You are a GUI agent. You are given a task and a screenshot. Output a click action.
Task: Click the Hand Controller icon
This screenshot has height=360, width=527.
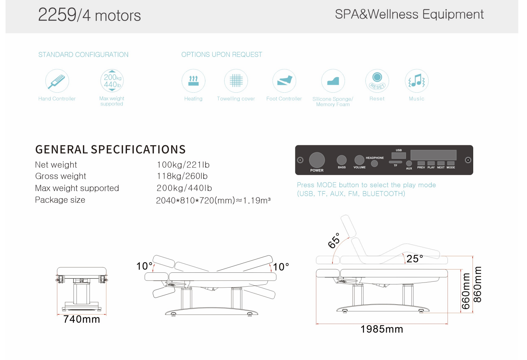[x=57, y=81]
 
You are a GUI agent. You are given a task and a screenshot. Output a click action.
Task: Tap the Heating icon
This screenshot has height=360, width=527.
[x=193, y=81]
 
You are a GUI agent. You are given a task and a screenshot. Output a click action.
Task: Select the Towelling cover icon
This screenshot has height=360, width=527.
[x=236, y=81]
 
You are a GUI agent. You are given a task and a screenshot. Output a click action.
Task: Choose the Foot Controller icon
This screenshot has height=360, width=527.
[x=284, y=81]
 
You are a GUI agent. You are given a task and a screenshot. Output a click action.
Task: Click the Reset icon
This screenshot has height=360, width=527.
[x=377, y=81]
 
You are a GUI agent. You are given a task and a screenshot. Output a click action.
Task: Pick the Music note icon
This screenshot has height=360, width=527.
[x=417, y=81]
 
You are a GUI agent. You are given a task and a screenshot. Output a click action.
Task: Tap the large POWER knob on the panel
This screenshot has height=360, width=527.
[x=317, y=160]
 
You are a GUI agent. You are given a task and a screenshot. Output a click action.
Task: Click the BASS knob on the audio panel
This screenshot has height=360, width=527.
[x=342, y=160]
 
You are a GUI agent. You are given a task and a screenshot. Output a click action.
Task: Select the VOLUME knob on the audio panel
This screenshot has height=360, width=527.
[x=359, y=160]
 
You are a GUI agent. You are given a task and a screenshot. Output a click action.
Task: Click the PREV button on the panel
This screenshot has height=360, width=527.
[x=421, y=163]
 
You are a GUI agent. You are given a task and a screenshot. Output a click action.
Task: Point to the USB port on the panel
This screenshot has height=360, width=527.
[x=398, y=155]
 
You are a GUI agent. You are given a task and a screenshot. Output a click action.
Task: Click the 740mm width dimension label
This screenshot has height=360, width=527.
[x=82, y=319]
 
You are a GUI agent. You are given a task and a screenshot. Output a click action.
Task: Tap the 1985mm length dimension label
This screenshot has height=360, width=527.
[x=382, y=329]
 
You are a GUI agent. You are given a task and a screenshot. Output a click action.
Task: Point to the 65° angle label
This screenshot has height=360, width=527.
[x=334, y=241]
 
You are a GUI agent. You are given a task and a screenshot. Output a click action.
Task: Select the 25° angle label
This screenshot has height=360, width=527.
[x=415, y=259]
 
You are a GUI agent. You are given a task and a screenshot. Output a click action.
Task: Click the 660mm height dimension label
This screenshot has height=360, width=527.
[x=466, y=291]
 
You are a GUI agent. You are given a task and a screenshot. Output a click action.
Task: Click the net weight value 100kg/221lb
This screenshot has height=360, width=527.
[x=183, y=165]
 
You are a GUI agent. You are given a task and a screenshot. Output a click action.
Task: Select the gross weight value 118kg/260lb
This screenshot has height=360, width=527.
[x=182, y=176]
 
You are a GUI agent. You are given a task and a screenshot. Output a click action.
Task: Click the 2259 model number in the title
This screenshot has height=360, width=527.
[x=57, y=15]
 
